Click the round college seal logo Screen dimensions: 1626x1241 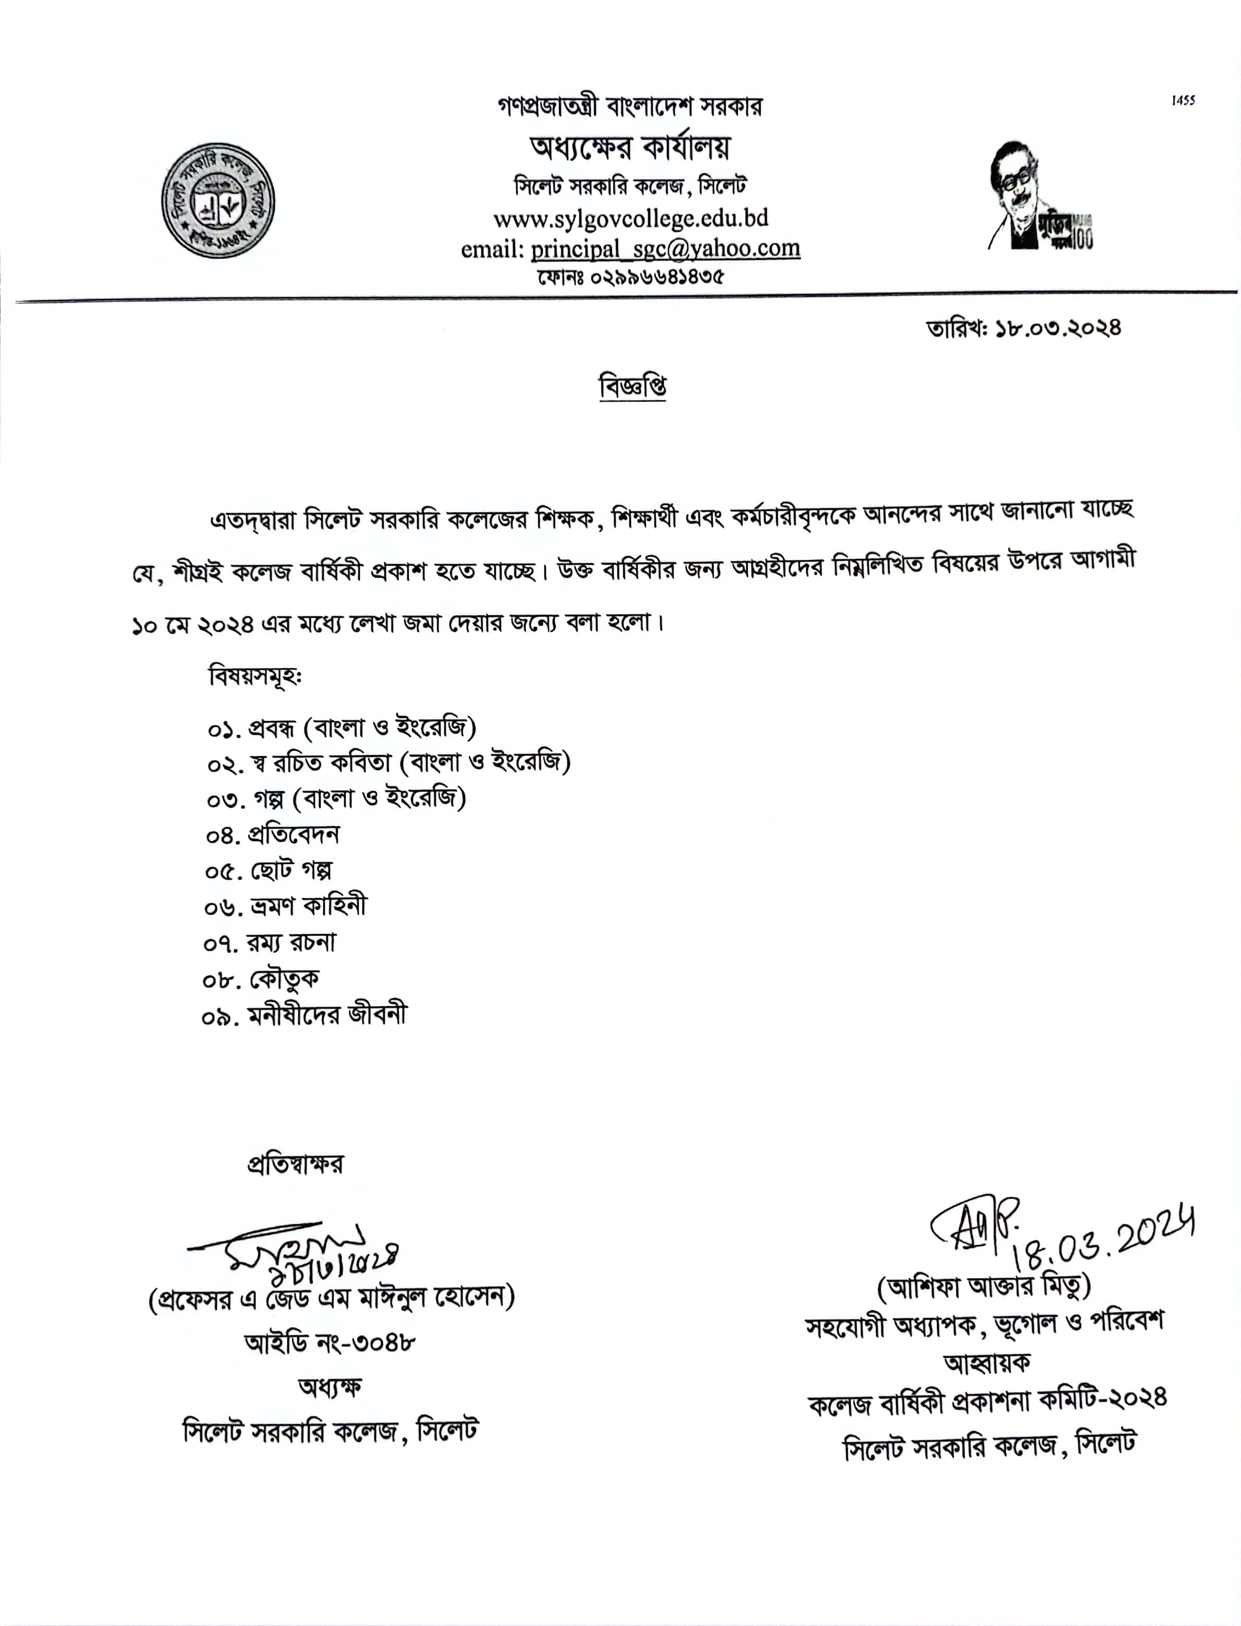(x=218, y=200)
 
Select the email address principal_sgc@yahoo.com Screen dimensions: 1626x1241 (x=665, y=248)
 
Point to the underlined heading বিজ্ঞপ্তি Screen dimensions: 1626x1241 (x=632, y=386)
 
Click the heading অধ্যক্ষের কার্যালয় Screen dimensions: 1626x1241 (x=629, y=148)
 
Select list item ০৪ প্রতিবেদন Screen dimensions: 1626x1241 (x=273, y=835)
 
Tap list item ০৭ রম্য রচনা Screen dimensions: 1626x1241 (x=270, y=943)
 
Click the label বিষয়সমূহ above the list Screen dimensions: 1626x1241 (x=256, y=676)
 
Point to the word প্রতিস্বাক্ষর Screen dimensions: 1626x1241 (x=295, y=1164)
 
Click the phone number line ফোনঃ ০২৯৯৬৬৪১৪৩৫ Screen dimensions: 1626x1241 (x=630, y=277)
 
